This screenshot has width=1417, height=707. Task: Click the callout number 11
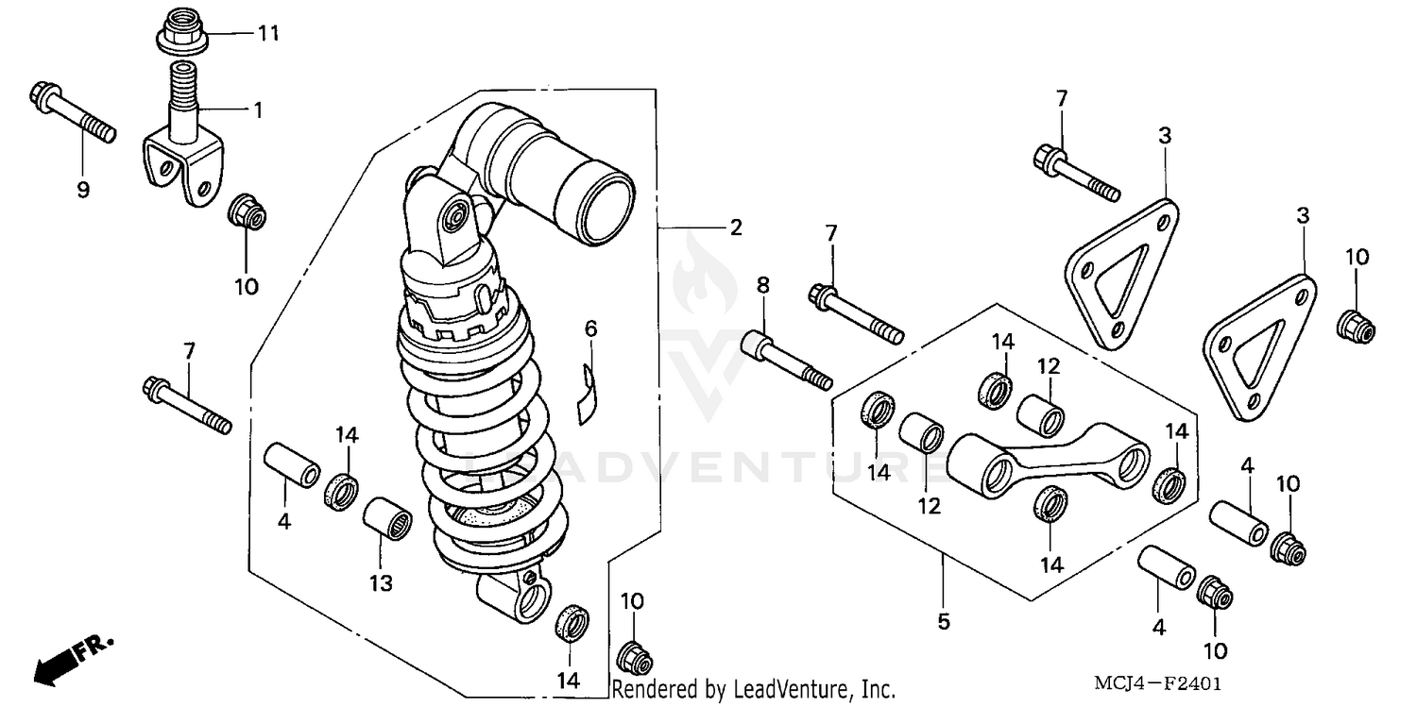(x=268, y=34)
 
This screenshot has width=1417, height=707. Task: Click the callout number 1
(x=255, y=109)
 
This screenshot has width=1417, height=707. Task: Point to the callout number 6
(x=591, y=328)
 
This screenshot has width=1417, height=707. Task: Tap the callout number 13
(x=380, y=583)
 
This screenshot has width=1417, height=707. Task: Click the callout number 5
(x=944, y=622)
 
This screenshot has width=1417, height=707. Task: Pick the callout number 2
(x=735, y=227)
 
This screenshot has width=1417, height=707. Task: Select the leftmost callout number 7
(x=189, y=352)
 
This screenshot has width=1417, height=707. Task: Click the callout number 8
(x=763, y=283)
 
